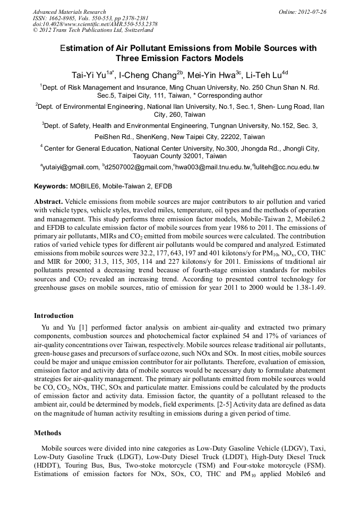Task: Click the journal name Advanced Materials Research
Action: click(70, 12)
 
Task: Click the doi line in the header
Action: click(95, 24)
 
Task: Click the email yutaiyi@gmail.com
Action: click(71, 167)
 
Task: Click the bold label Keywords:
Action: click(51, 187)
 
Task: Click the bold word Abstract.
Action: click(49, 202)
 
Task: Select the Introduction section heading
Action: click(54, 316)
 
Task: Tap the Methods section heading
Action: click(47, 433)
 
